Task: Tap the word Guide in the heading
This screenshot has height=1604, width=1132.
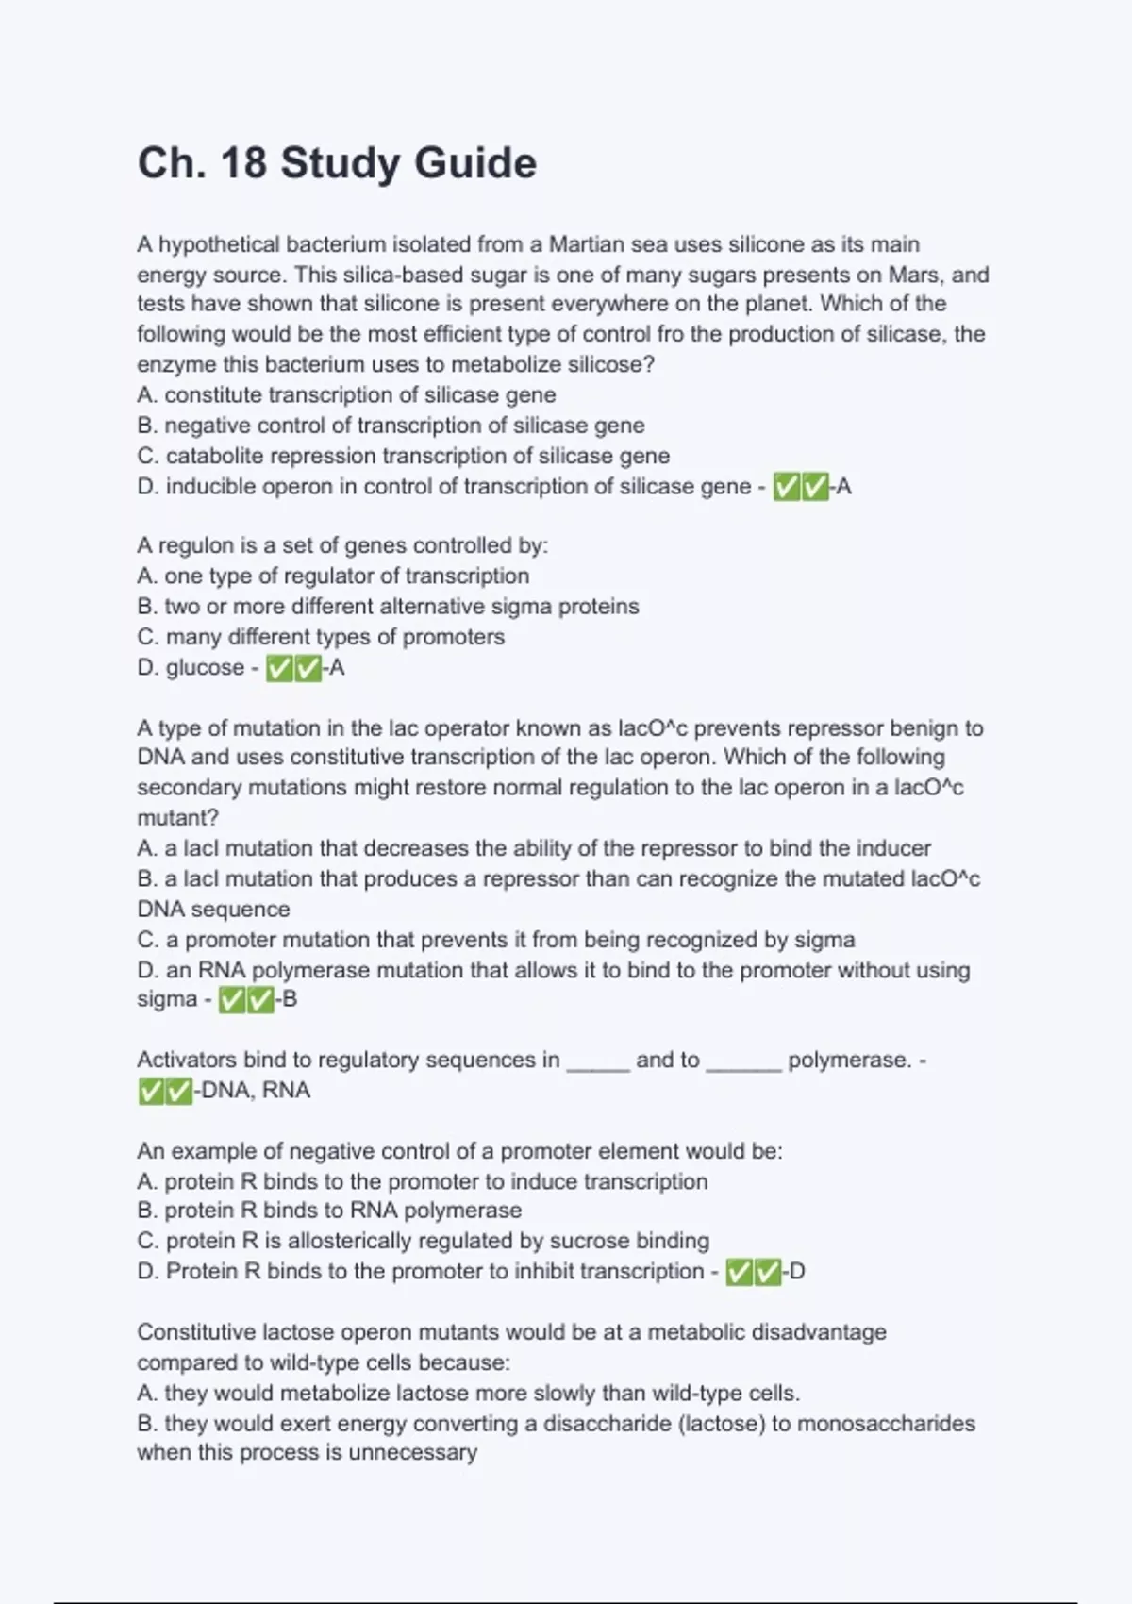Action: point(474,163)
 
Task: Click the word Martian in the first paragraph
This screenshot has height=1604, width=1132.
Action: point(586,244)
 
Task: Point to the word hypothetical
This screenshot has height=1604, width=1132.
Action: point(219,244)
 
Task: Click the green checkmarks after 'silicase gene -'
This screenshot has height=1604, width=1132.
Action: point(801,487)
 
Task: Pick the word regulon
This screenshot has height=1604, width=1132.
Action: point(195,545)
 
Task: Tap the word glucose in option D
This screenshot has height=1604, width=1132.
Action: point(205,668)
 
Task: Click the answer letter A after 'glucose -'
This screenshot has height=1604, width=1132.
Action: point(337,668)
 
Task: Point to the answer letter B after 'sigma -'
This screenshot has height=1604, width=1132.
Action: point(290,999)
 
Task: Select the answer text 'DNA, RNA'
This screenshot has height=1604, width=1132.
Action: point(256,1091)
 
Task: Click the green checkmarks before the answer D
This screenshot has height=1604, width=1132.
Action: point(753,1272)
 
